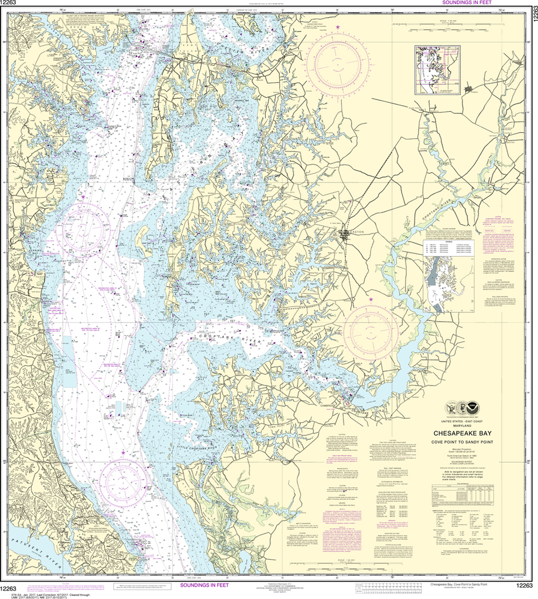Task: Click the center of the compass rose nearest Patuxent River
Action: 123,481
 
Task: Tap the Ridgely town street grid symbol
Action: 469,89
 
